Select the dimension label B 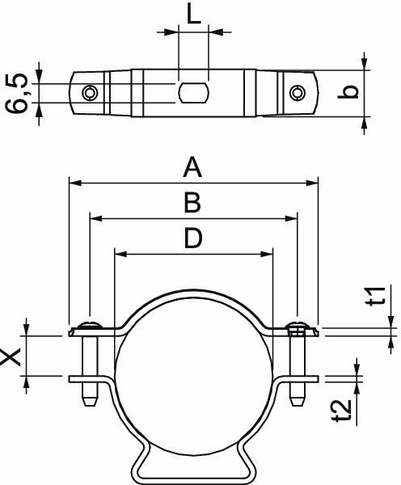click(192, 202)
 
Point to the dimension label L click(192, 14)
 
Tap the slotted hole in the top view click(192, 92)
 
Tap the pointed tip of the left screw click(89, 401)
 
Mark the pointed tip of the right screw click(297, 401)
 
